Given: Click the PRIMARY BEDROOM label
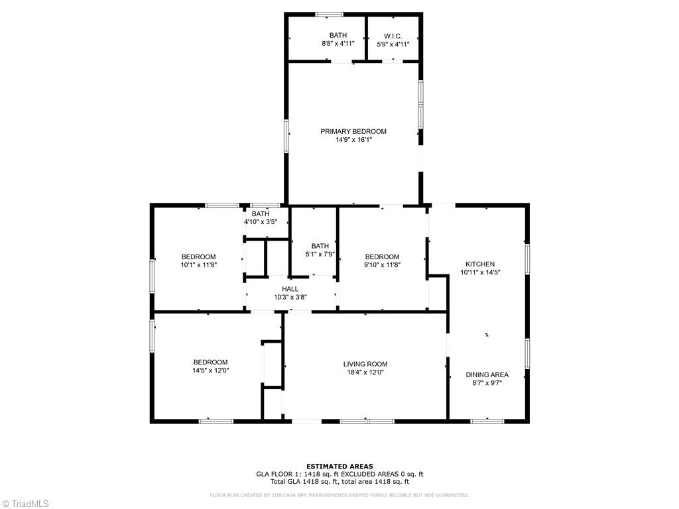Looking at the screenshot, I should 353,131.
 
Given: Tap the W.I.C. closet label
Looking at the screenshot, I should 393,35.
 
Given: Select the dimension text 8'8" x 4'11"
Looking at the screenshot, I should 338,44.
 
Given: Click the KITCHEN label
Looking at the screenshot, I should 479,264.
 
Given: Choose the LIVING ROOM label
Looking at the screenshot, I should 365,364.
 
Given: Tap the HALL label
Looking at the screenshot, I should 290,289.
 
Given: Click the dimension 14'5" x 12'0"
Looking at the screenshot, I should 210,370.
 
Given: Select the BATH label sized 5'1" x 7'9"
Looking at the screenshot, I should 320,246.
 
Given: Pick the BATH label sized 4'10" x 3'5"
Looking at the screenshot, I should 261,213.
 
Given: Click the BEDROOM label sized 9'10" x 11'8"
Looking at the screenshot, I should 382,256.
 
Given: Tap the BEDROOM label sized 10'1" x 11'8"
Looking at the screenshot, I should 198,256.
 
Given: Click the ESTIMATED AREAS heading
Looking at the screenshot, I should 339,466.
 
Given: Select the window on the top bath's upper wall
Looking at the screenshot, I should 329,14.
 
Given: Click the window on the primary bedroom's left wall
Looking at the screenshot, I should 286,136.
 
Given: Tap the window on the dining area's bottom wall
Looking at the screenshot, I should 487,420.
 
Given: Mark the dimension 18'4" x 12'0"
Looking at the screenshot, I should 365,372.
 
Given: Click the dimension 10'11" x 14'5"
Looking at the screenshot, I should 479,272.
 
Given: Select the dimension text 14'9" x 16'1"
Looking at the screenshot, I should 353,140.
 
